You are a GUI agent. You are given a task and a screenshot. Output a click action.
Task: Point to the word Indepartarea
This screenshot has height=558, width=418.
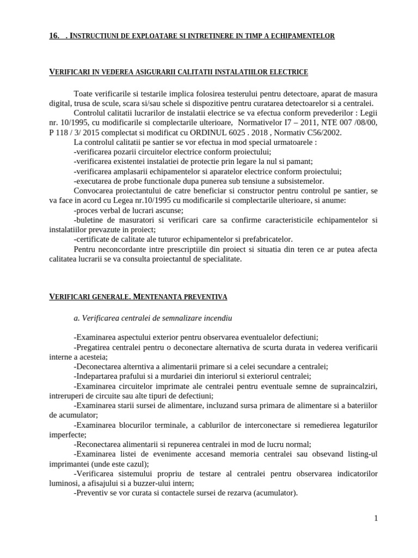[x=95, y=376]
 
